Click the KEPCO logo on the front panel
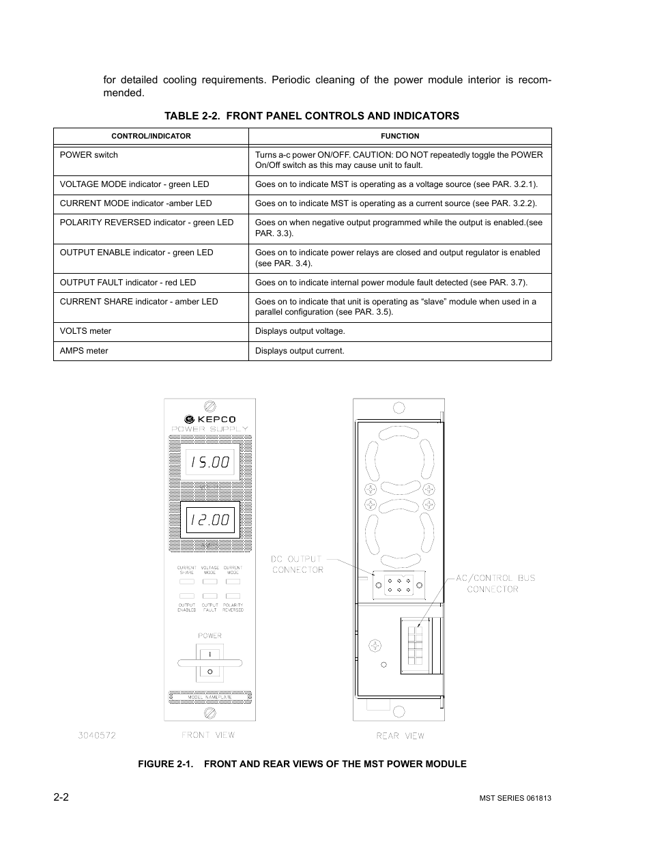(x=209, y=419)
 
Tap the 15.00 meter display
(x=209, y=462)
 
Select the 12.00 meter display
(x=209, y=520)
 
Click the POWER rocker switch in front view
(x=209, y=662)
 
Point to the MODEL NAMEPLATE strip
(x=209, y=698)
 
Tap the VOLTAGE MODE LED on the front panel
(x=209, y=582)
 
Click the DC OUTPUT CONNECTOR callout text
(x=297, y=564)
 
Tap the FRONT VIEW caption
(x=208, y=735)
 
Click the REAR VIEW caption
(x=400, y=736)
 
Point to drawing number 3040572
(x=96, y=735)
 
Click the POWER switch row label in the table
(x=89, y=155)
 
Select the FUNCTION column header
(x=400, y=136)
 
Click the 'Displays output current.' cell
(x=300, y=351)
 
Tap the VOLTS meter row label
(x=85, y=331)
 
